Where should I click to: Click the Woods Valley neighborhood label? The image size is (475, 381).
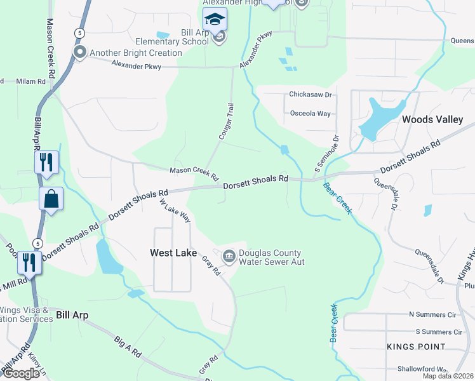pyautogui.click(x=432, y=119)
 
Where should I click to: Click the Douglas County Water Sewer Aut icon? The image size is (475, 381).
pyautogui.click(x=229, y=257)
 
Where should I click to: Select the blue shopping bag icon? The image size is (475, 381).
pyautogui.click(x=51, y=199)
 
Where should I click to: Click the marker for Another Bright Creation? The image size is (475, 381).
pyautogui.click(x=79, y=53)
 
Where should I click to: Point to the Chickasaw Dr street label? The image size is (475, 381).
pyautogui.click(x=311, y=95)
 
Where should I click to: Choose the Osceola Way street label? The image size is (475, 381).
pyautogui.click(x=310, y=114)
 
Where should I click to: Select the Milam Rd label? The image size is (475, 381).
pyautogui.click(x=31, y=81)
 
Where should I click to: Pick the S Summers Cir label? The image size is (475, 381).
pyautogui.click(x=438, y=331)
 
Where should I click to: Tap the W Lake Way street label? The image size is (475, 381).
pyautogui.click(x=175, y=210)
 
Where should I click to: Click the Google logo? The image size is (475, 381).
pyautogui.click(x=20, y=373)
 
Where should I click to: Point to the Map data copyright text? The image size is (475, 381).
pyautogui.click(x=448, y=376)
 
